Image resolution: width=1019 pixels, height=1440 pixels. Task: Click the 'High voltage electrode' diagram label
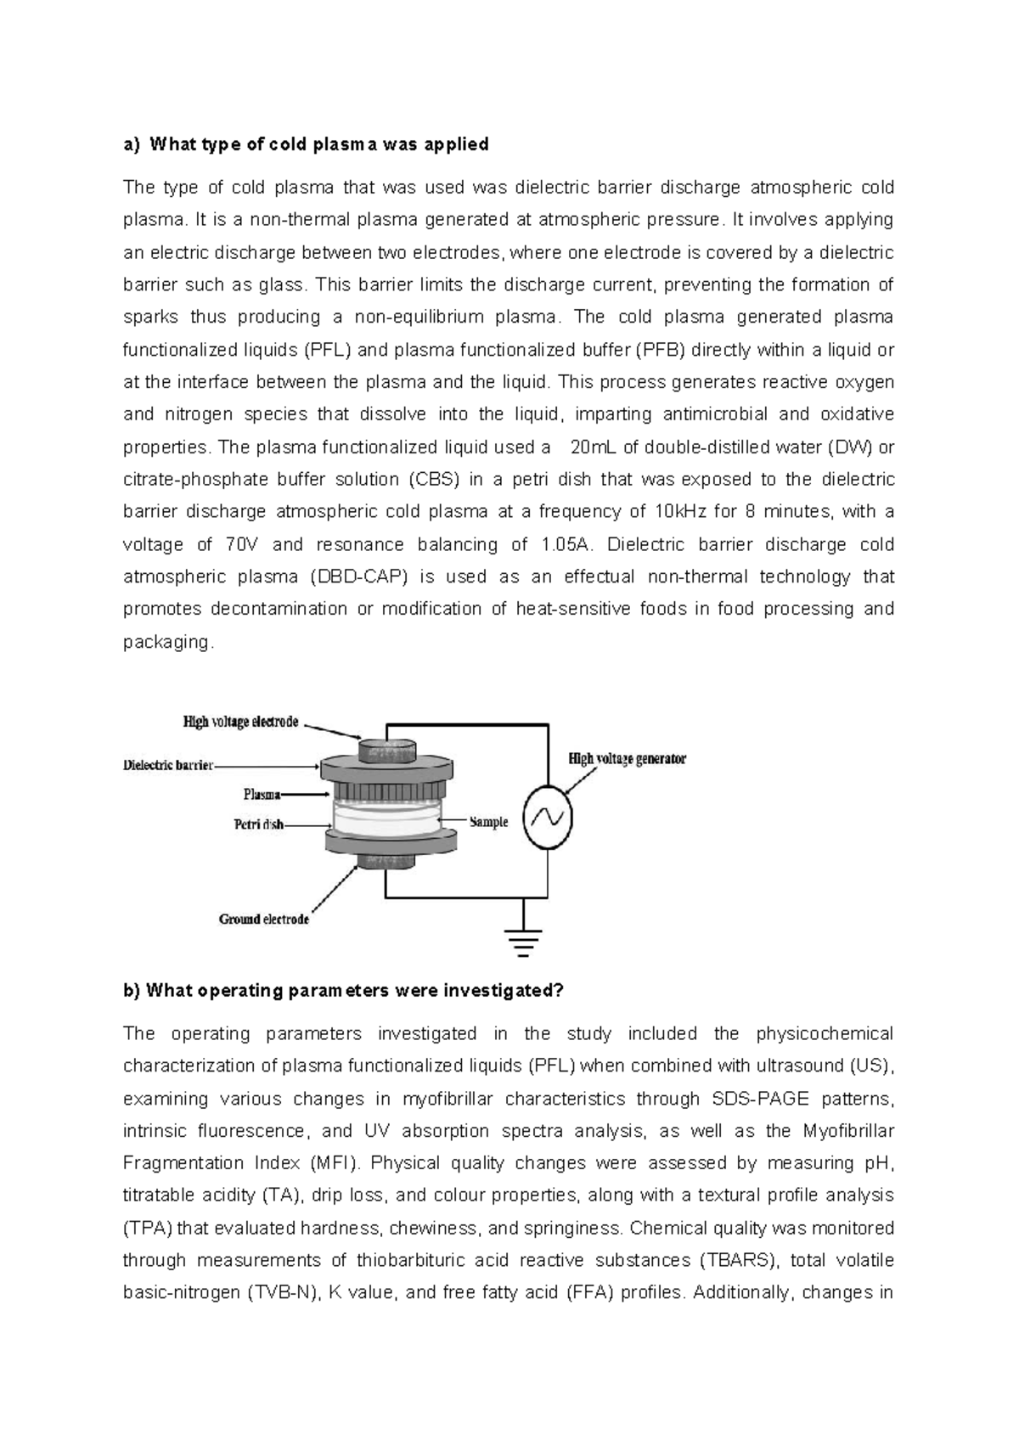241,722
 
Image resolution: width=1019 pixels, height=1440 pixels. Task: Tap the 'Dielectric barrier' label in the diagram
168,765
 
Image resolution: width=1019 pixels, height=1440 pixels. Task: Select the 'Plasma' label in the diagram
262,795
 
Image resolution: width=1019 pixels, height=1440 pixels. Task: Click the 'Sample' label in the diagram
488,822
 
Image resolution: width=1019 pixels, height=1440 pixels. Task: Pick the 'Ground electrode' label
264,919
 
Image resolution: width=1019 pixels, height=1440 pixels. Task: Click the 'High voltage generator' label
627,758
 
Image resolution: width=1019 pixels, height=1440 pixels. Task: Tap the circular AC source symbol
547,818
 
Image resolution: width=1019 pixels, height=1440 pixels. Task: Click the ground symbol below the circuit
523,941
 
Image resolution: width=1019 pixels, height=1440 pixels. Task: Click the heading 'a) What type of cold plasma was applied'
307,144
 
